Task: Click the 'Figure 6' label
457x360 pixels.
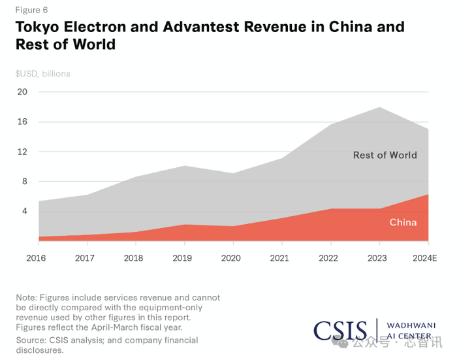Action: [x=31, y=10]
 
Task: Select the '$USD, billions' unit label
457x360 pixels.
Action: [x=43, y=74]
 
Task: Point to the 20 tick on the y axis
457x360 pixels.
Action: [x=22, y=91]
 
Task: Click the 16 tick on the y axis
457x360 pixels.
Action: [x=22, y=122]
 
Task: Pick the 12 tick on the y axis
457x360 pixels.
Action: [x=22, y=152]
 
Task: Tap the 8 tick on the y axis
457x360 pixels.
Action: [x=24, y=182]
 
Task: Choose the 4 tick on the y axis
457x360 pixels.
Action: [x=24, y=211]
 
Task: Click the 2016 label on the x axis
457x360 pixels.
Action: [x=36, y=258]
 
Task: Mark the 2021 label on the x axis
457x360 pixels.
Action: [x=279, y=258]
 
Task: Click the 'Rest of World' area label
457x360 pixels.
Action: [x=385, y=155]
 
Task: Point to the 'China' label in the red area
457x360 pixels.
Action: [x=403, y=223]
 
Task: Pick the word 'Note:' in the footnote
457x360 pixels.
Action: [x=27, y=297]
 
